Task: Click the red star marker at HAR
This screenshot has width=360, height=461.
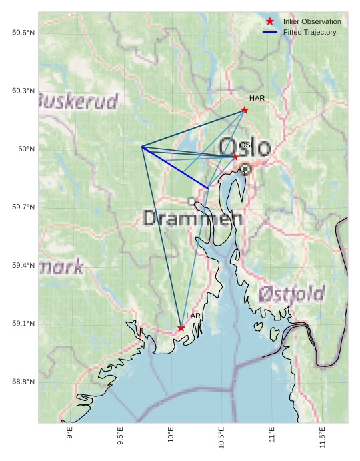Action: (x=245, y=110)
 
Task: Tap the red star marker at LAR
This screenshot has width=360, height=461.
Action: (x=181, y=328)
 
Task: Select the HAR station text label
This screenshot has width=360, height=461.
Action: (x=257, y=98)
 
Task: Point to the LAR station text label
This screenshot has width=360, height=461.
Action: (x=193, y=316)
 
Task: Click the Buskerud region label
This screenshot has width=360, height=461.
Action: (x=78, y=101)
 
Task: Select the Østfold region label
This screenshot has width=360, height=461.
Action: (x=291, y=293)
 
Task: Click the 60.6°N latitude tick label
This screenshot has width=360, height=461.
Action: (x=23, y=33)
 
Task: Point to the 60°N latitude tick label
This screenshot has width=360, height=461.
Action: (x=27, y=149)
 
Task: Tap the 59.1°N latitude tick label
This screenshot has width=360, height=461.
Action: (x=23, y=324)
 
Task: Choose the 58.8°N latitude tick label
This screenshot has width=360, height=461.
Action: (x=23, y=382)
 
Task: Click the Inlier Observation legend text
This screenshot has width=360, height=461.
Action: (x=312, y=21)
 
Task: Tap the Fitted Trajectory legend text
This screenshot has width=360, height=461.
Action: (x=309, y=32)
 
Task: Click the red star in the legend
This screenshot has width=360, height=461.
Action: (x=270, y=21)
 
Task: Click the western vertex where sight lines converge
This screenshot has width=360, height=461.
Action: (x=143, y=147)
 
